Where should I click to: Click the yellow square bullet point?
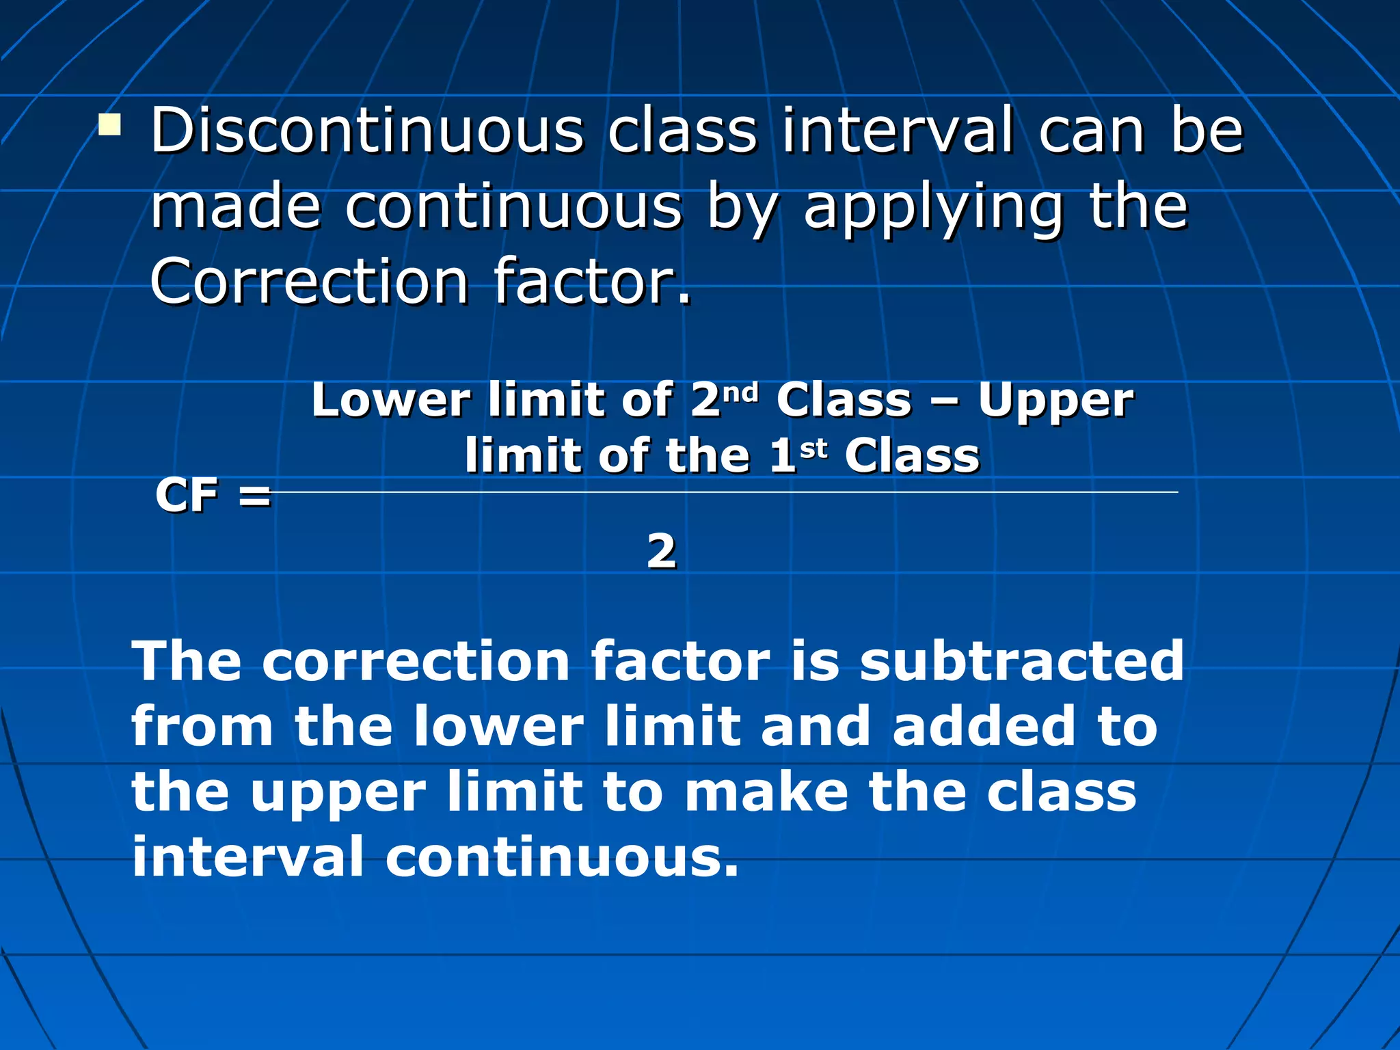pyautogui.click(x=109, y=126)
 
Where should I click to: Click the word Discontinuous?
pyautogui.click(x=366, y=131)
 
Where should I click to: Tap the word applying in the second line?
pyautogui.click(x=933, y=209)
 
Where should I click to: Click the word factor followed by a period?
pyautogui.click(x=592, y=282)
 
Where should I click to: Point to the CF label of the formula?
pyautogui.click(x=187, y=495)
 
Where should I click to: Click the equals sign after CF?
pyautogui.click(x=255, y=496)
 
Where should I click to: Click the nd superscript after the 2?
pyautogui.click(x=741, y=392)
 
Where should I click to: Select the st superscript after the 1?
pyautogui.click(x=813, y=449)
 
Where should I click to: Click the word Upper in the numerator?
pyautogui.click(x=1055, y=402)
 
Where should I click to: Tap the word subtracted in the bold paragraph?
pyautogui.click(x=1021, y=661)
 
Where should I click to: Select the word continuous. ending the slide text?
pyautogui.click(x=562, y=857)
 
